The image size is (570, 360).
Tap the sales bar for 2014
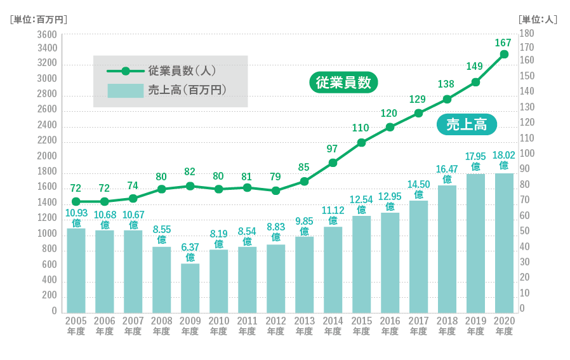click(333, 269)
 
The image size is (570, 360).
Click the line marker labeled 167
click(504, 55)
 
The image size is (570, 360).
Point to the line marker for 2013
click(304, 182)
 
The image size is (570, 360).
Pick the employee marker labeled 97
click(333, 163)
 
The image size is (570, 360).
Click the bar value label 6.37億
click(190, 252)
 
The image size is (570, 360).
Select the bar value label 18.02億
click(504, 160)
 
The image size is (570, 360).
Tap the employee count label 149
click(475, 66)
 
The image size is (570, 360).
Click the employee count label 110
click(361, 128)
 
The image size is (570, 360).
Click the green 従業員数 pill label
click(343, 83)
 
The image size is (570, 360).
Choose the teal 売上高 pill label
click(467, 125)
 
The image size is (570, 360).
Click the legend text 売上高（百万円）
click(187, 90)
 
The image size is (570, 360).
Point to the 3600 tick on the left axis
click(48, 34)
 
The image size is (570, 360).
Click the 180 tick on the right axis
click(527, 33)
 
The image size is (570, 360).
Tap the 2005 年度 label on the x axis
click(76, 326)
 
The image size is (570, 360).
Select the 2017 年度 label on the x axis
click(418, 326)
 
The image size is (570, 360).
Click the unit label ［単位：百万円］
click(39, 19)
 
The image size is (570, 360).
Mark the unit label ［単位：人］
click(538, 19)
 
